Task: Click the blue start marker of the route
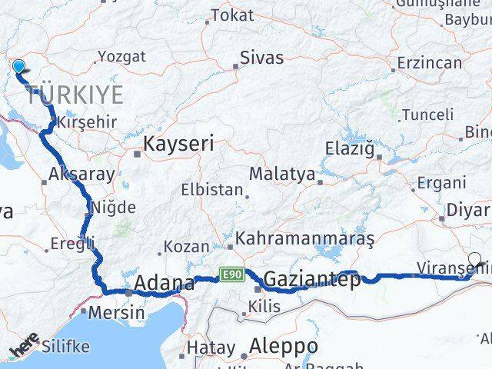tap(18, 67)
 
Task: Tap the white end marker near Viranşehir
tap(475, 261)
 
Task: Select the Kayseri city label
tap(178, 143)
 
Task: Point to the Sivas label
tap(261, 58)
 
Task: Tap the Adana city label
tap(164, 284)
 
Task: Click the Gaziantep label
tap(312, 281)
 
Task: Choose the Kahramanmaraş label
tap(304, 241)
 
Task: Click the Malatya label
tap(282, 175)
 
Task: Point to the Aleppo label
tap(284, 345)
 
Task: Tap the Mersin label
tap(116, 313)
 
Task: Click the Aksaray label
tap(81, 174)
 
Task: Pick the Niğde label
tap(113, 207)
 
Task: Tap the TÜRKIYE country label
tap(74, 95)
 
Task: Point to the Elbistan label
tap(211, 189)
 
